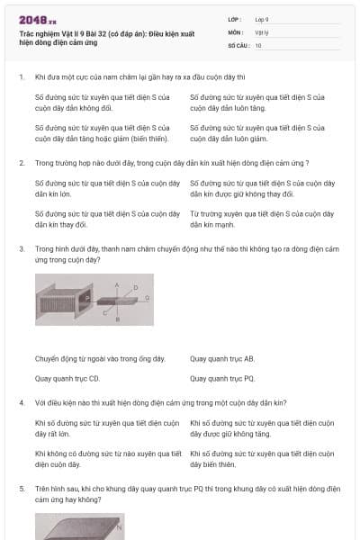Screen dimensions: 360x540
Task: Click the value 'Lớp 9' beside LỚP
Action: click(x=263, y=18)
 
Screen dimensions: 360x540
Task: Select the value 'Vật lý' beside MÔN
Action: click(x=262, y=31)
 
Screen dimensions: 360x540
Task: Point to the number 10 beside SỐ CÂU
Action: click(x=258, y=44)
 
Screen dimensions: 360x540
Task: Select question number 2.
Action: click(x=21, y=163)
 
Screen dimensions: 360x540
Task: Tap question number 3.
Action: click(x=21, y=247)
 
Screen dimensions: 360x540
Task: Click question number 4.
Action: click(x=21, y=401)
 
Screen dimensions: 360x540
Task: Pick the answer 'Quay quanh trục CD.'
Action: click(x=67, y=379)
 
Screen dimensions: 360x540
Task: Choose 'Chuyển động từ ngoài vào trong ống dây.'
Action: click(x=100, y=358)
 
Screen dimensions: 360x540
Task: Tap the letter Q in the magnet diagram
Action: click(x=148, y=296)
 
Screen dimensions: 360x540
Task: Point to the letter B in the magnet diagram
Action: click(x=117, y=318)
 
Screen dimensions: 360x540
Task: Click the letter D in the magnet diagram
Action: click(x=136, y=286)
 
